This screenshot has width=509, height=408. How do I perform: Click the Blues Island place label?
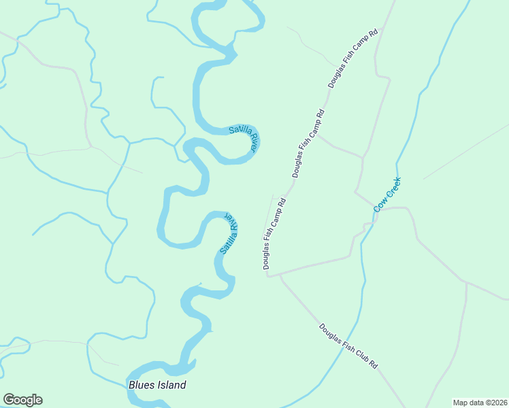point(157,386)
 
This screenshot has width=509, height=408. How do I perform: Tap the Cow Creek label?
point(388,194)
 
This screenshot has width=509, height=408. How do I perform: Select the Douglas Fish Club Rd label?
point(348,346)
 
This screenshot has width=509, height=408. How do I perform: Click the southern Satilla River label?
point(229,234)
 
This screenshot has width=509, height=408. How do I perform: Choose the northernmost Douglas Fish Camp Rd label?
point(353,58)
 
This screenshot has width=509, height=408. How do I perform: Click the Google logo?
point(22,400)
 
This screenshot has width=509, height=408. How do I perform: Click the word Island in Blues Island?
point(169,386)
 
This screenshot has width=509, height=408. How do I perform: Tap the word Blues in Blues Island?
point(139,386)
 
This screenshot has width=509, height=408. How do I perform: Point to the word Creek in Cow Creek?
point(393,188)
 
